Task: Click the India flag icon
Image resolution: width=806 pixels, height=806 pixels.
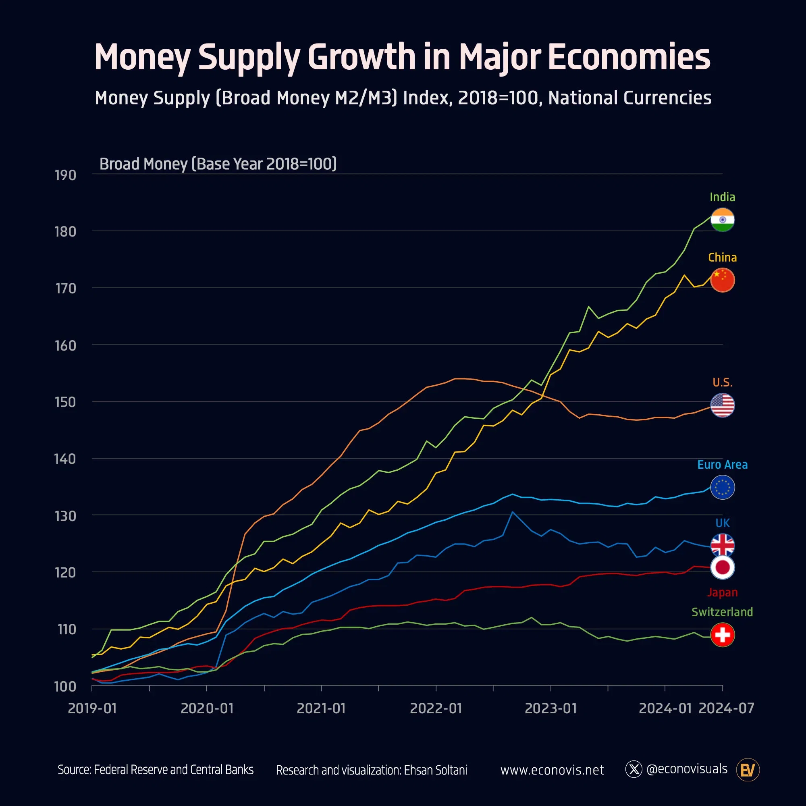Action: pos(722,220)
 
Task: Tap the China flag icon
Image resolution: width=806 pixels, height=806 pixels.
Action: pos(722,280)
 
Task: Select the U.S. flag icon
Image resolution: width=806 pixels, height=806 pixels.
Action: pos(722,405)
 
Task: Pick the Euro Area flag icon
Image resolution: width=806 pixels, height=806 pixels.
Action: pos(722,487)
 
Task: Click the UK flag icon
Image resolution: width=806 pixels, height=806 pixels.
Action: pos(722,545)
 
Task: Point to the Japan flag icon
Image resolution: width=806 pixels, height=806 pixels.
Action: pos(722,567)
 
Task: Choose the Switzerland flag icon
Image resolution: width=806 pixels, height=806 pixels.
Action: pos(722,635)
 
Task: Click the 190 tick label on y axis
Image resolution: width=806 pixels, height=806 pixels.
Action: pos(66,175)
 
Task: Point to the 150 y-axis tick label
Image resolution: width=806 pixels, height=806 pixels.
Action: pos(66,402)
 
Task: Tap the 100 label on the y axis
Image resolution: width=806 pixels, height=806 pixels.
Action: pos(66,686)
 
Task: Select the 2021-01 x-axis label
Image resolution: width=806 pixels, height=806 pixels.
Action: pos(321,708)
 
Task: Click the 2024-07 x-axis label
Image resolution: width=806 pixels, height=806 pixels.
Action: pos(726,708)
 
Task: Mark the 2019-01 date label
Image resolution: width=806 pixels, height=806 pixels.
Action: pos(92,708)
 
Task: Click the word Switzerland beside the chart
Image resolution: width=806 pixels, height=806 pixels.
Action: pos(722,612)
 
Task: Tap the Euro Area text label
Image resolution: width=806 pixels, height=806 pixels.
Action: pos(722,465)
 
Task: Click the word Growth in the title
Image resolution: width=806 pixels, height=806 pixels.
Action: pos(361,57)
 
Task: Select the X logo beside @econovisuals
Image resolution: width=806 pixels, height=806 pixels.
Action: pos(634,769)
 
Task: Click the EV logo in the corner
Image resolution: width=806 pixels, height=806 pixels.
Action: pos(748,770)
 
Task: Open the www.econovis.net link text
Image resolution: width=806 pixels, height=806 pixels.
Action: pos(552,770)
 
